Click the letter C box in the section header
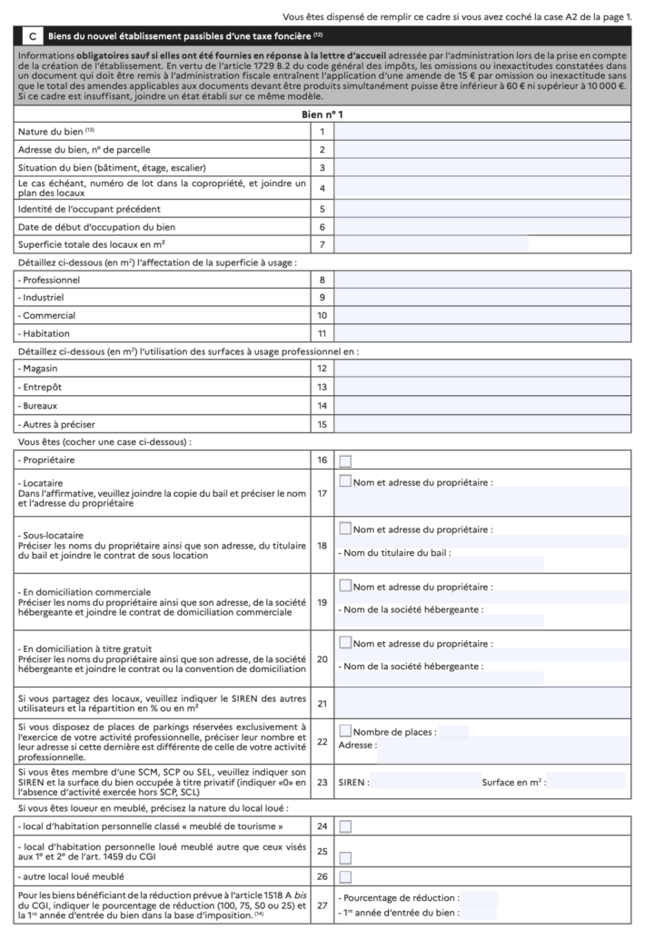click(33, 35)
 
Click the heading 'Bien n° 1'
click(322, 114)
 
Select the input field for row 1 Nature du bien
click(482, 132)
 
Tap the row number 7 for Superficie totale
click(322, 244)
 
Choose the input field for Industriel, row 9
click(482, 297)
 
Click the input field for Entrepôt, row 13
click(482, 387)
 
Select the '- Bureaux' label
click(45, 405)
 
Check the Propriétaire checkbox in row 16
click(345, 460)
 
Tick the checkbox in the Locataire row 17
click(345, 481)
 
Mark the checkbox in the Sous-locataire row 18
click(345, 528)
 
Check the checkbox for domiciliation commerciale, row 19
click(345, 586)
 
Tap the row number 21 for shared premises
click(322, 702)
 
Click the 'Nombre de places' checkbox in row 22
click(345, 730)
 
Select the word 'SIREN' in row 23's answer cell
click(353, 780)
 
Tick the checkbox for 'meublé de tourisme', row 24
click(345, 826)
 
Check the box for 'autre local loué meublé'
click(345, 876)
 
